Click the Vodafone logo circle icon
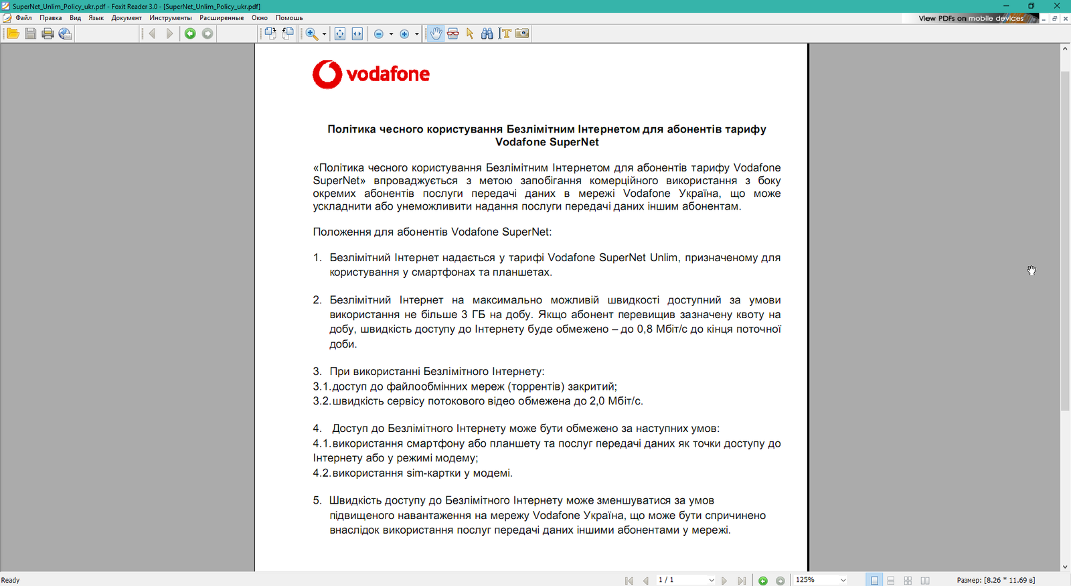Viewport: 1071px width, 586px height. point(327,74)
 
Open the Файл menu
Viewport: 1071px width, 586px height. point(23,18)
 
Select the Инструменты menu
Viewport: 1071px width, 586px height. point(170,18)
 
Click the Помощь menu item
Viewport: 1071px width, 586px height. point(289,18)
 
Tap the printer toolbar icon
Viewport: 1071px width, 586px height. point(48,33)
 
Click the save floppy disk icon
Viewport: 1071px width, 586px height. point(31,33)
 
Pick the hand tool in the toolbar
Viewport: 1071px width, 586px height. point(436,33)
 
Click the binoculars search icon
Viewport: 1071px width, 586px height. point(487,33)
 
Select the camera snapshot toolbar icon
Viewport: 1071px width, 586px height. point(522,33)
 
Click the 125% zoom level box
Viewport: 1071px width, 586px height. point(816,580)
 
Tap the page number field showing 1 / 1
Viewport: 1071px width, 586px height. point(683,580)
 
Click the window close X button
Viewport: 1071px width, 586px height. point(1057,6)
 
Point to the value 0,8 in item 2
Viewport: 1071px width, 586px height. point(645,329)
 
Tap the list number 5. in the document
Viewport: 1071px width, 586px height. point(317,500)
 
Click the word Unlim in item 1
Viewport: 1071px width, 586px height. point(663,258)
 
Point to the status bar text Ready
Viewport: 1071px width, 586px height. point(11,580)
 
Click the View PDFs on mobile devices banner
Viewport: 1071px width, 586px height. point(971,19)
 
